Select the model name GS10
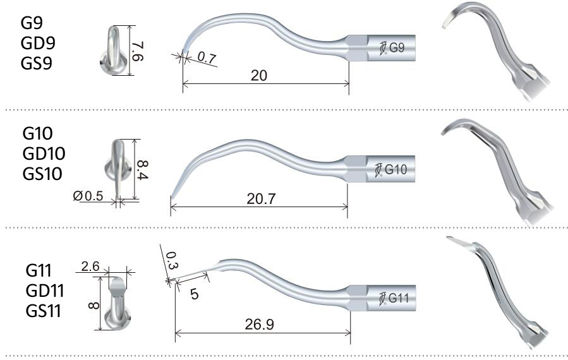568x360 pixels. tap(43, 172)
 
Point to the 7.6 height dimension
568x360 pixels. tap(138, 51)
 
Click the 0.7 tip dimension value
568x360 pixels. tap(205, 57)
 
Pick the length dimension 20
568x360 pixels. tap(258, 76)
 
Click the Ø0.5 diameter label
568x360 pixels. tap(88, 196)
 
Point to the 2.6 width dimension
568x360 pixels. tap(91, 267)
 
